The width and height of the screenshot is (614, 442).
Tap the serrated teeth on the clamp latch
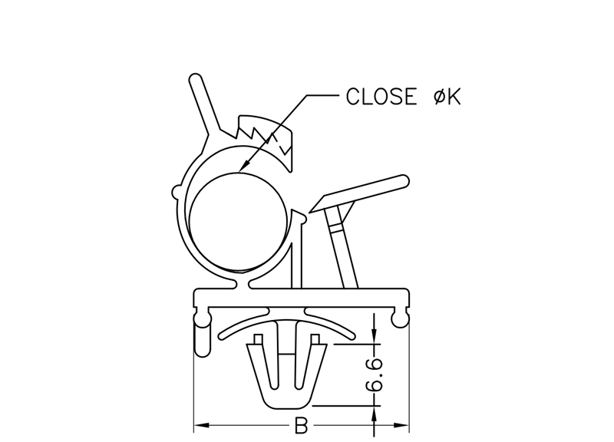pyautogui.click(x=265, y=134)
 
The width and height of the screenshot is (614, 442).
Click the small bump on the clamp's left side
pyautogui.click(x=177, y=189)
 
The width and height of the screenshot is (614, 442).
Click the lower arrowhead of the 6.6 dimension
pyautogui.click(x=374, y=410)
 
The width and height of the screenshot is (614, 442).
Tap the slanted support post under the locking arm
pyautogui.click(x=342, y=246)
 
